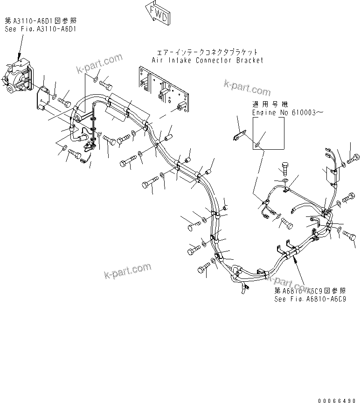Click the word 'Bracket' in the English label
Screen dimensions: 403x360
(x=249, y=60)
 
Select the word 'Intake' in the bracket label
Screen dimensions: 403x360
(x=175, y=60)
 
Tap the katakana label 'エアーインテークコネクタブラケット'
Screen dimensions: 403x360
(x=207, y=52)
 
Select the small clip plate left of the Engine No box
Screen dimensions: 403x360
(x=238, y=136)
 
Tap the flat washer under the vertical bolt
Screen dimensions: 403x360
(x=285, y=180)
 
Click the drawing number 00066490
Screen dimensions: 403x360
(x=339, y=400)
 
